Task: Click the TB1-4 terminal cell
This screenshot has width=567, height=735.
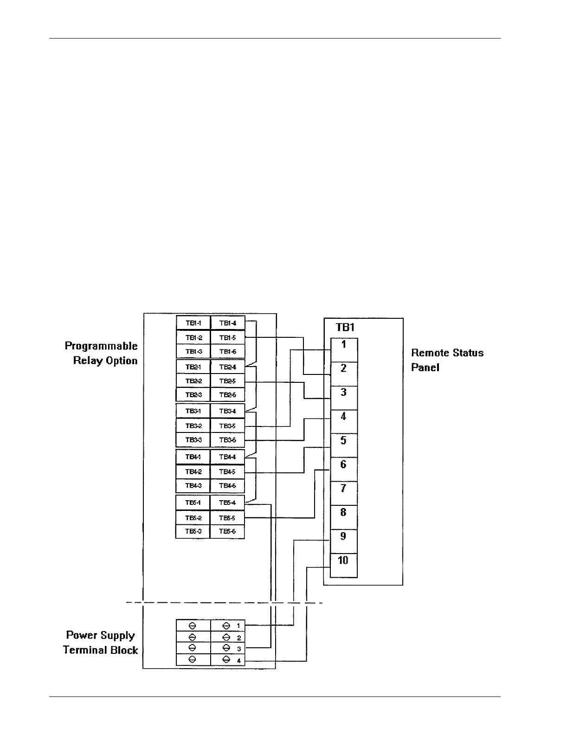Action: click(x=228, y=323)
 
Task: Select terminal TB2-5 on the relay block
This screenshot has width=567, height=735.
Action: click(x=228, y=381)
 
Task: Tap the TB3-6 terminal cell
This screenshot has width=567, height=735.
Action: click(x=228, y=439)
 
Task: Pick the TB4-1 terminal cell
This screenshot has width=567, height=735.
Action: click(x=193, y=457)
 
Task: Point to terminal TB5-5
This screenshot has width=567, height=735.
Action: click(x=227, y=517)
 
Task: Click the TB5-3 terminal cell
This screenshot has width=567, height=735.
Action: click(x=193, y=531)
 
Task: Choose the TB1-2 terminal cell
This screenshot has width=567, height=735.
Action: click(x=193, y=337)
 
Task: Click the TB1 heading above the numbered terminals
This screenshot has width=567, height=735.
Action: click(x=345, y=328)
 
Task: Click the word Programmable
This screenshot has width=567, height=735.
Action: click(x=101, y=346)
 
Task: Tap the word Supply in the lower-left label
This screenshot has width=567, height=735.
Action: click(x=118, y=635)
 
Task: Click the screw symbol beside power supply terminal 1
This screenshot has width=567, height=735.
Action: click(x=227, y=625)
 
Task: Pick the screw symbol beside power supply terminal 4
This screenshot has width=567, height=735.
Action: click(x=227, y=659)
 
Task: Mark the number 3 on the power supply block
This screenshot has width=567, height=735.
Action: click(x=239, y=649)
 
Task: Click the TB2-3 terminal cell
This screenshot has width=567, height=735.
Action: click(x=193, y=395)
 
